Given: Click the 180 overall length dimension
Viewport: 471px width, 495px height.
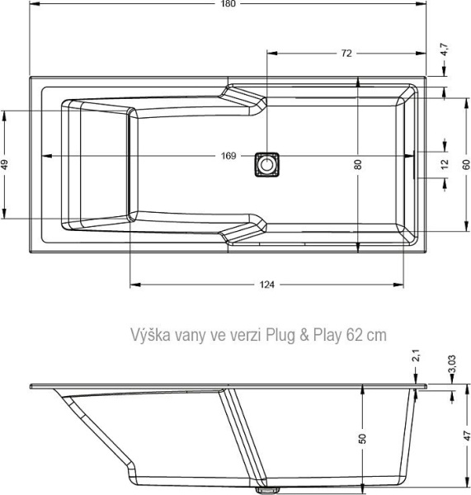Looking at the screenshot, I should coord(228,5).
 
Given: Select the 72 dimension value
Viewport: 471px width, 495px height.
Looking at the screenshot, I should coord(346,53).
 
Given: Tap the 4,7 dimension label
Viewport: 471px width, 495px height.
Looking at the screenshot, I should coord(445,49).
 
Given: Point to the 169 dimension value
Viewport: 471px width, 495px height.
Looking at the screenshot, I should coord(228,156).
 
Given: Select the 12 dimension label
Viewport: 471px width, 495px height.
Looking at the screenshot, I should coord(445,164).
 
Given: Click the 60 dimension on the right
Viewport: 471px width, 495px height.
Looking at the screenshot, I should coord(465,164).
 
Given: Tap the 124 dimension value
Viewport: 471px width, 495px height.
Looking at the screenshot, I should coord(266,285).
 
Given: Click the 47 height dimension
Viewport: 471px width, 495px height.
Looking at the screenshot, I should coord(465,435).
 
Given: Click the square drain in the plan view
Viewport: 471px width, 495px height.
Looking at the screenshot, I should coord(266,163).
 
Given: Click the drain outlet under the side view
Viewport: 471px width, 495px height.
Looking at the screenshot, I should coord(266,488).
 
